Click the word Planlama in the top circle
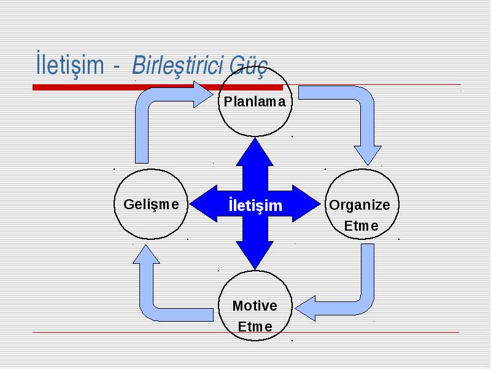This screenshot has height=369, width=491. [x=255, y=101]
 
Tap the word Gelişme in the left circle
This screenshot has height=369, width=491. [x=151, y=205]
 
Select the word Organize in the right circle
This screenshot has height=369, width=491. [x=360, y=205]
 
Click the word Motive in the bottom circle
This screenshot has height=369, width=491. [x=255, y=306]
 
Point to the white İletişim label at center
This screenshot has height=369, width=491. [x=255, y=205]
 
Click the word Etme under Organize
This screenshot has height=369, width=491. [x=361, y=226]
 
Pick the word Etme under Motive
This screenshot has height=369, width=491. [x=255, y=327]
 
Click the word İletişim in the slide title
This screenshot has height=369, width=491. [x=70, y=64]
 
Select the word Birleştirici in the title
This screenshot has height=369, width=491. [x=177, y=65]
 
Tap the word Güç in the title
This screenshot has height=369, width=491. [x=249, y=66]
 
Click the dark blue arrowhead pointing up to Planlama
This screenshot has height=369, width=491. [x=255, y=151]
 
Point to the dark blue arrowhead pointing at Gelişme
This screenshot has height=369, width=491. [x=204, y=204]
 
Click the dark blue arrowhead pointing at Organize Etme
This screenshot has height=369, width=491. [x=306, y=204]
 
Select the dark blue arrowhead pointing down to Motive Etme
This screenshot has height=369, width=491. [x=255, y=255]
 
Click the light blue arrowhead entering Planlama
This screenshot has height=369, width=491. [x=204, y=95]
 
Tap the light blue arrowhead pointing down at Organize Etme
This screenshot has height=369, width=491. [x=368, y=156]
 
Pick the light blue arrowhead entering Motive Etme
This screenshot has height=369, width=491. [x=305, y=309]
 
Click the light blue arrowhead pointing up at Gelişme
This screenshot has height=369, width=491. [x=146, y=254]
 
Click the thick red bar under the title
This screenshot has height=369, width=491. [x=158, y=87]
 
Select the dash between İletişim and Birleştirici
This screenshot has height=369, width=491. [x=117, y=67]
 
